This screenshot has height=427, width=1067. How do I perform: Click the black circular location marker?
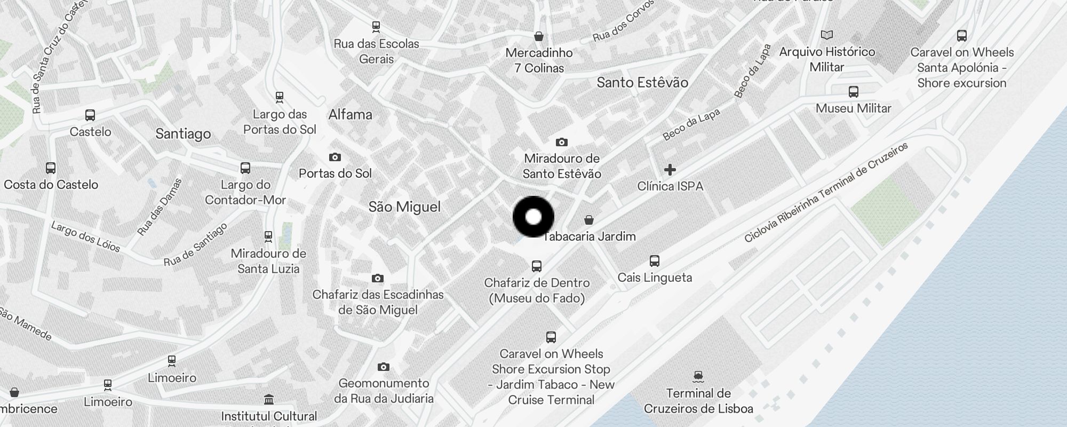533,217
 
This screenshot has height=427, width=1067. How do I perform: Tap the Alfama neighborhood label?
350,114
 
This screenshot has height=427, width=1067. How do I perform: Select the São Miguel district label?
404,207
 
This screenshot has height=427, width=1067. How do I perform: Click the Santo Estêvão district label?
642,82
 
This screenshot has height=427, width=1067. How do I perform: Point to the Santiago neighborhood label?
183,133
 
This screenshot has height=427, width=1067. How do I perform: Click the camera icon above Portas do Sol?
335,157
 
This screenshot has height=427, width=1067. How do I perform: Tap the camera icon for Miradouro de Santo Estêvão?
561,142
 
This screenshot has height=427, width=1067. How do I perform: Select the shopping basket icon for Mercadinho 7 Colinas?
539,36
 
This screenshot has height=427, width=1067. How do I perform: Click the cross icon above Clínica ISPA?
670,170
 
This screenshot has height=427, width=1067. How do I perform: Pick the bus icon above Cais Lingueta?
655,261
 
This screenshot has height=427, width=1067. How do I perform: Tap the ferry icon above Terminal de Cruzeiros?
698,377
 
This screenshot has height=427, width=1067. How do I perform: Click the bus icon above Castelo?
90,115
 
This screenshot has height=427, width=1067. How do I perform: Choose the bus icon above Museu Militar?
854,92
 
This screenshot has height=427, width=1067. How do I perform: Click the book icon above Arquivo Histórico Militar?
827,35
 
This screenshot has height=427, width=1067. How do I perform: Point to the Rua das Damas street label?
160,207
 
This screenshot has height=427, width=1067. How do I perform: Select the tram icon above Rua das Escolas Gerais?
376,27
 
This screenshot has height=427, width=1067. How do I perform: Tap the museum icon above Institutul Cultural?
269,399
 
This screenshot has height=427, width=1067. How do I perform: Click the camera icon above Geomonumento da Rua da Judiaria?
383,367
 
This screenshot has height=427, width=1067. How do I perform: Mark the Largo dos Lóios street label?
85,236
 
